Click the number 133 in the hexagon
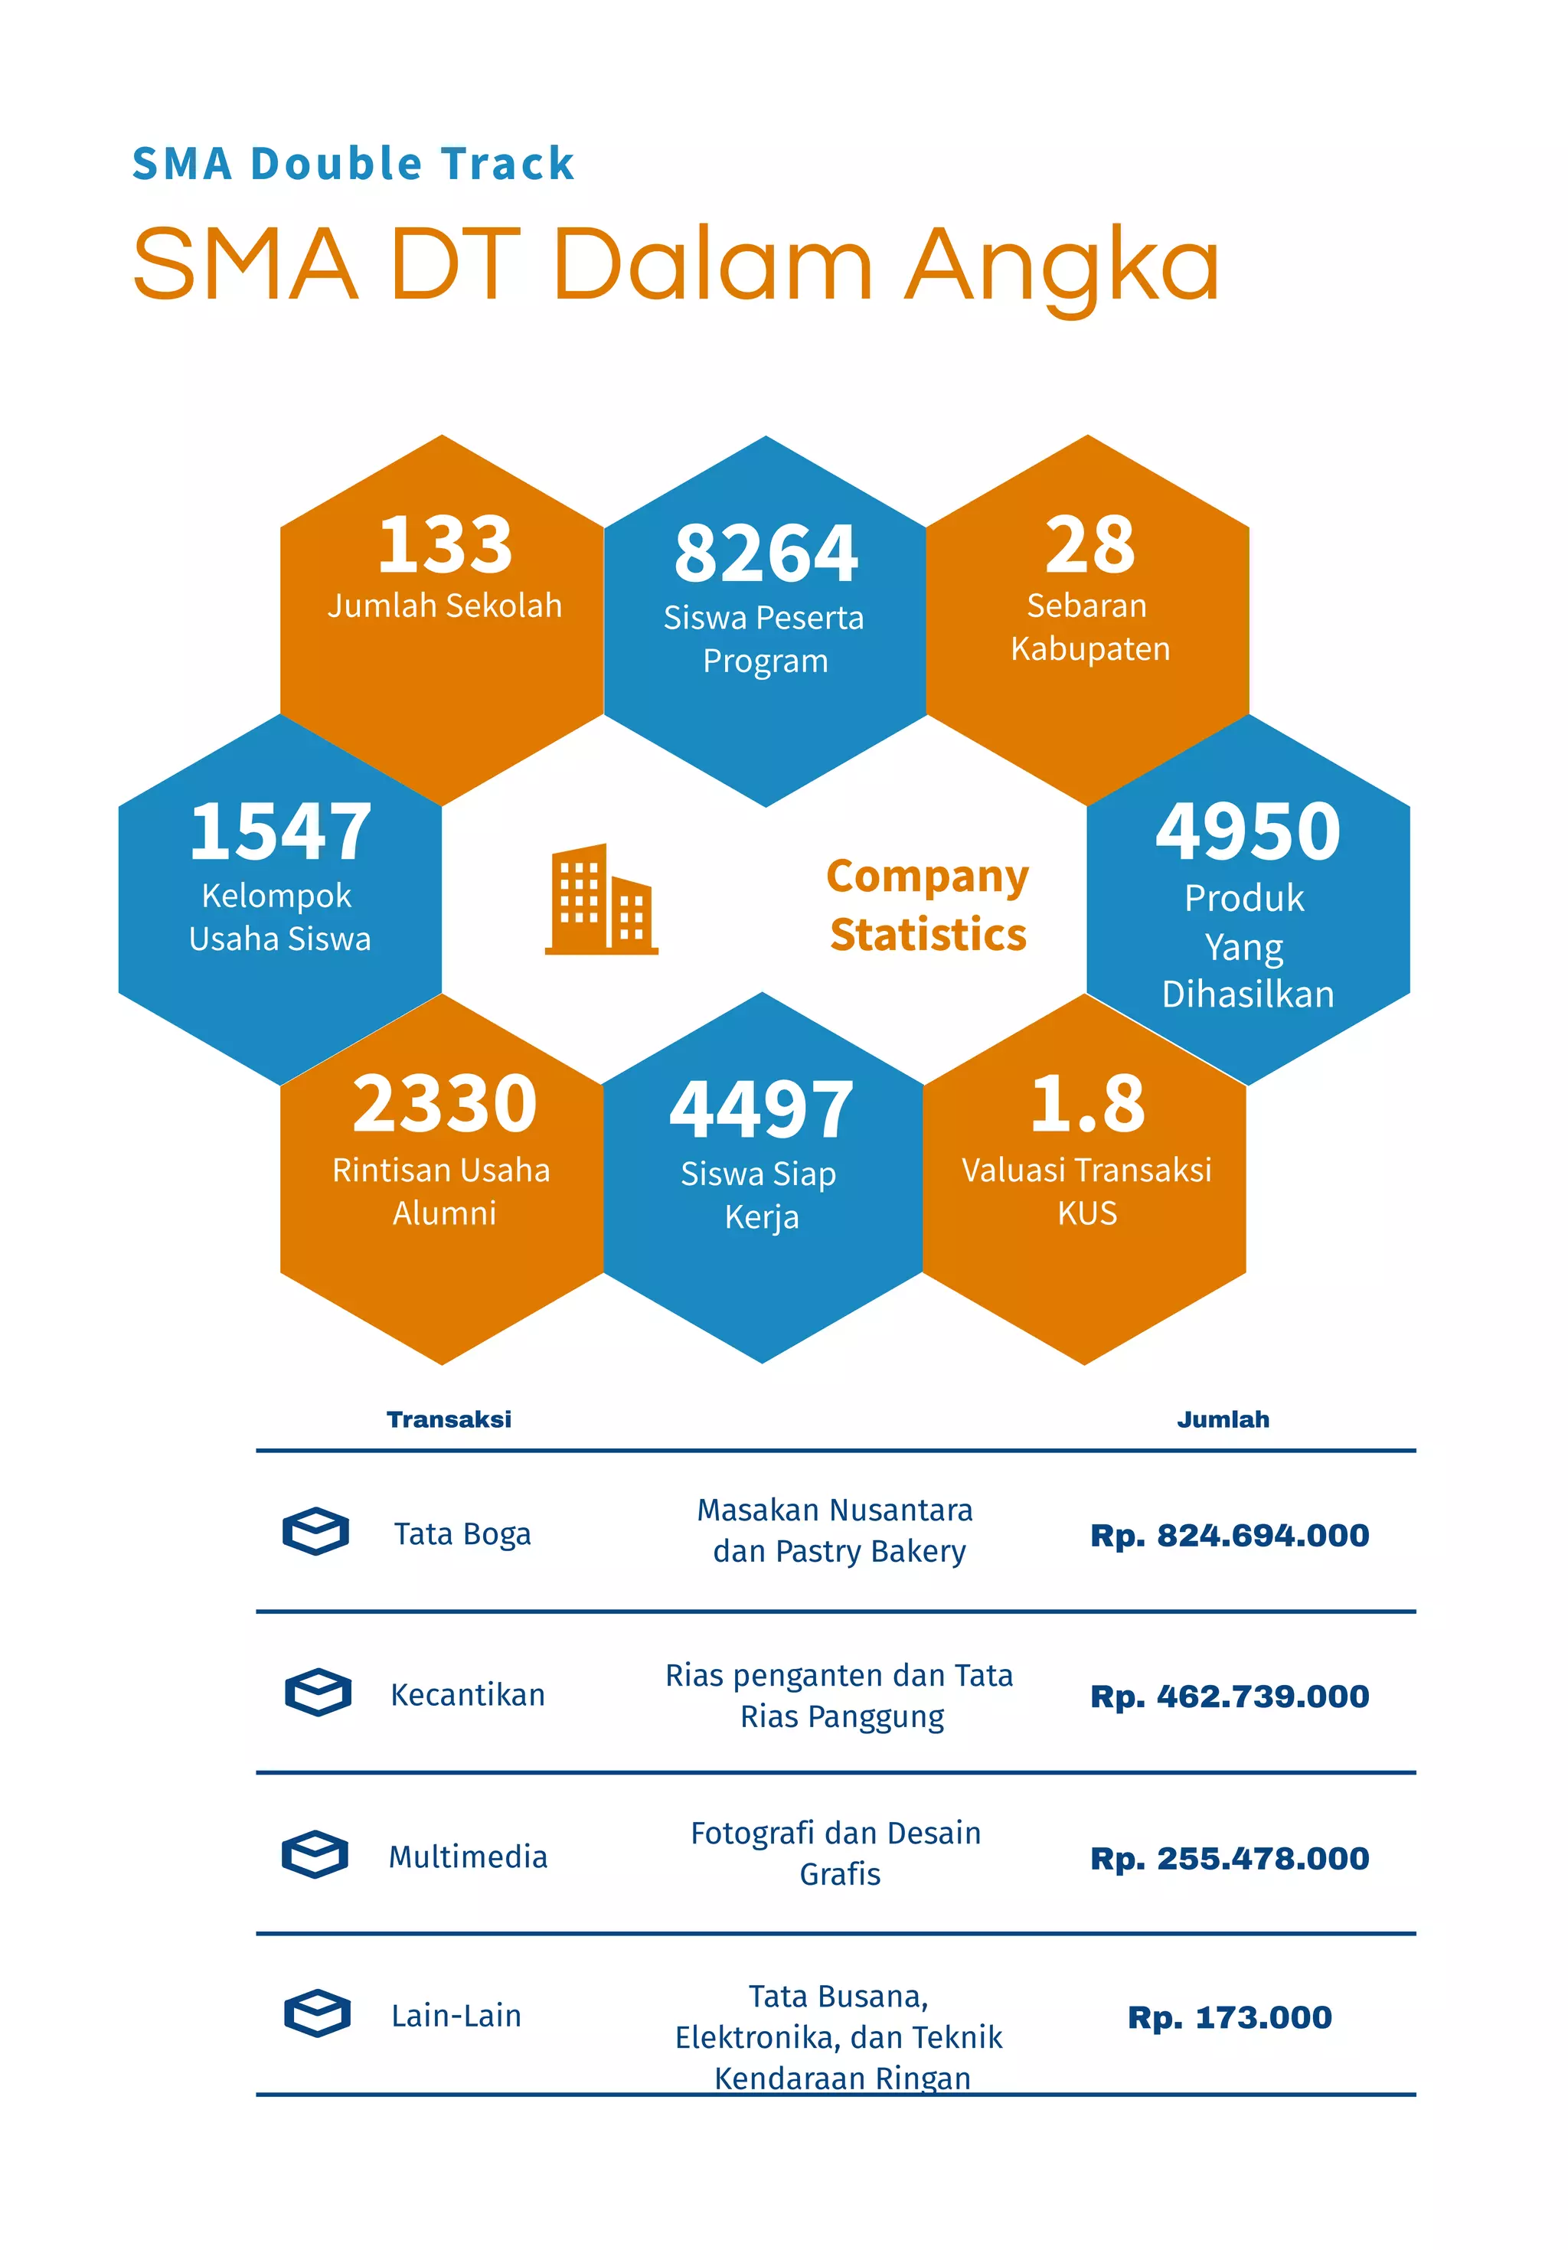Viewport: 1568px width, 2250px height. (445, 545)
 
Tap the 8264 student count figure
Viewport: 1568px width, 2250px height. (766, 553)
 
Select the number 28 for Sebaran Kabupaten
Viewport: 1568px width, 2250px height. (1089, 545)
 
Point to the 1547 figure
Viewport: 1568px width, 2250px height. (280, 832)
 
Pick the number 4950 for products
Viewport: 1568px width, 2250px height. (1247, 832)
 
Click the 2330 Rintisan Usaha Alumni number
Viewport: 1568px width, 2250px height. (445, 1103)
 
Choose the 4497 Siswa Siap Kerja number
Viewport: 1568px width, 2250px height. (762, 1109)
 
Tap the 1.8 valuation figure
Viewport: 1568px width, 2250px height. (1087, 1103)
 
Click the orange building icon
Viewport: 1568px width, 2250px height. (601, 899)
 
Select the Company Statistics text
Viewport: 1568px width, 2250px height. (927, 904)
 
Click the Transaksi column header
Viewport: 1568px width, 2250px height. (449, 1419)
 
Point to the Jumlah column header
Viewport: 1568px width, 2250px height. (1222, 1419)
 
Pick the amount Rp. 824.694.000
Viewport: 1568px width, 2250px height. (1229, 1535)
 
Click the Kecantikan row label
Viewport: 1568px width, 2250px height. (468, 1694)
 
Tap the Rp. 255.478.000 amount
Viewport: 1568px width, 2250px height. (1229, 1857)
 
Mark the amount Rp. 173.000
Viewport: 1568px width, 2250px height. (1229, 2017)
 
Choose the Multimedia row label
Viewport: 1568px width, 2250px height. (468, 1856)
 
